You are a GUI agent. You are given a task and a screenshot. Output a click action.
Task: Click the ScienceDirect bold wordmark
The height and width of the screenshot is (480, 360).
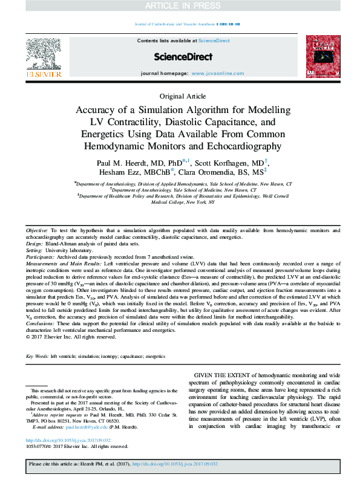[183, 57]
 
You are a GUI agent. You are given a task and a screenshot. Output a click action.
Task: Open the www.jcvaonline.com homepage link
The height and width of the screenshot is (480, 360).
[211, 73]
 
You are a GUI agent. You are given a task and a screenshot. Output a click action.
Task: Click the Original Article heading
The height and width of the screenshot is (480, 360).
[183, 96]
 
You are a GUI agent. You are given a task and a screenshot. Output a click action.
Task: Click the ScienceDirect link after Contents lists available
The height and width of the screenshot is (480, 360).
[214, 41]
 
